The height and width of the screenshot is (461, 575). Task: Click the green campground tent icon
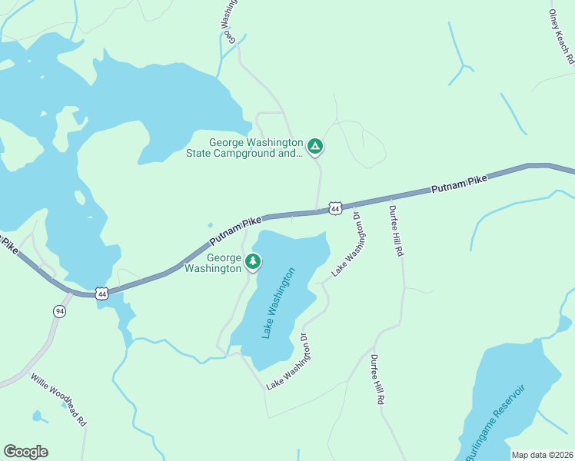(314, 146)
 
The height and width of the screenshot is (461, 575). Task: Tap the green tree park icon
(252, 262)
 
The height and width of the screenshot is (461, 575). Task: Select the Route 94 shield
(59, 310)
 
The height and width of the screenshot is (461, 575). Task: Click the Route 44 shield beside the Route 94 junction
(101, 293)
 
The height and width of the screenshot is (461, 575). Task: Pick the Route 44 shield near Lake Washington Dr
(334, 208)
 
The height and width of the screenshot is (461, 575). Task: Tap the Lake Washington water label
(278, 303)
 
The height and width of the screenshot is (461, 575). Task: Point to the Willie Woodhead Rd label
(59, 400)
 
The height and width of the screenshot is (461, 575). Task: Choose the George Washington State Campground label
(245, 148)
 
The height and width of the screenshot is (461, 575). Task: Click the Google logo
(25, 452)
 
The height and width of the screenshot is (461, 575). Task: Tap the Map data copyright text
(542, 455)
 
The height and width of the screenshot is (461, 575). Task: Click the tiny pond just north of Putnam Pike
(210, 225)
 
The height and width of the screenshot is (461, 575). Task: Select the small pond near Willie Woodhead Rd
(36, 416)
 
